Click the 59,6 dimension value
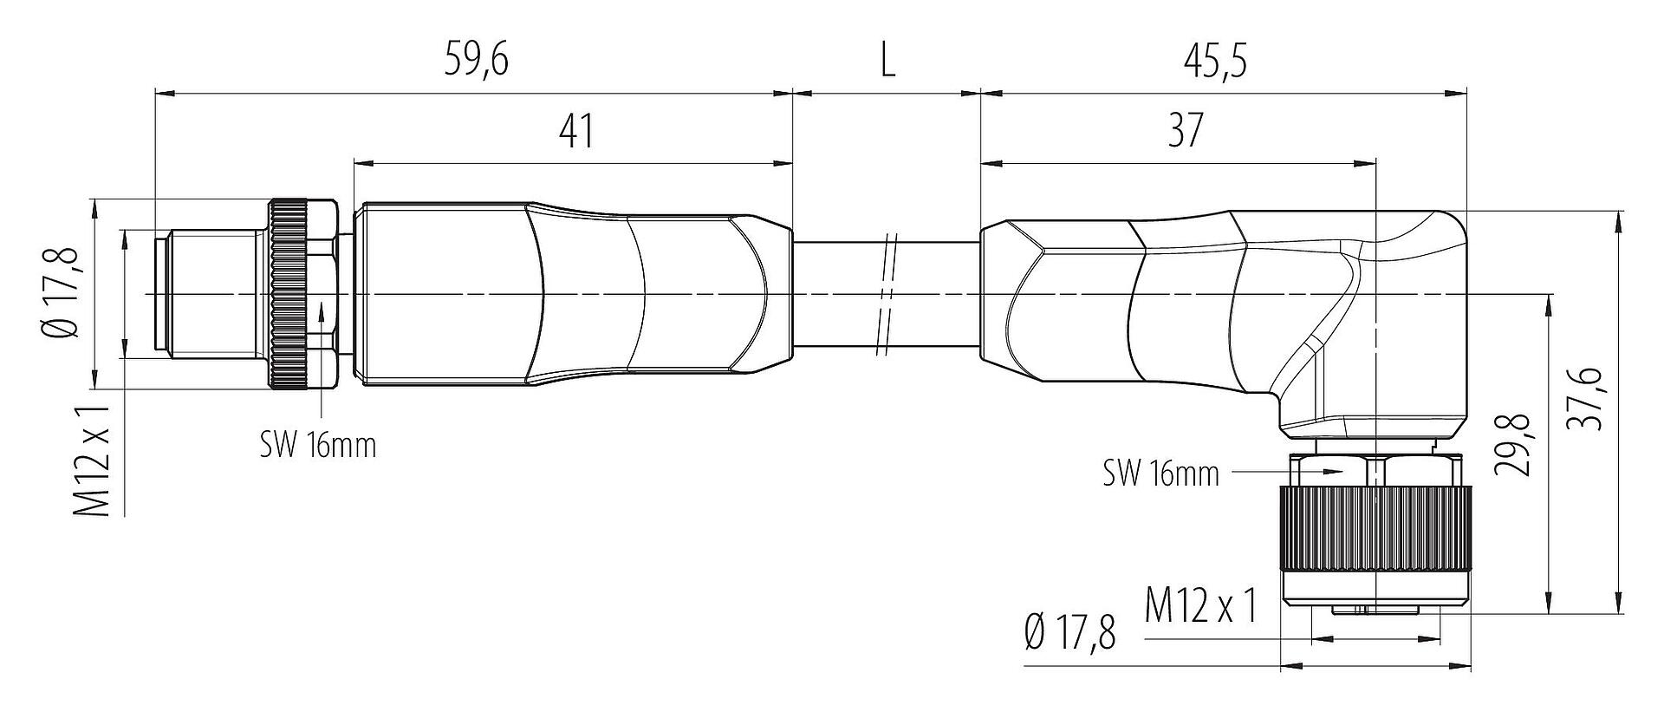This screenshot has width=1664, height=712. point(476,61)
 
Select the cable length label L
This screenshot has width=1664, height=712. point(887,61)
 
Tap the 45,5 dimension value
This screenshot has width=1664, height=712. point(1215,61)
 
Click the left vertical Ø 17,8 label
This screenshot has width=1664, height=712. point(65,291)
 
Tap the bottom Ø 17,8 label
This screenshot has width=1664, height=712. point(1069,634)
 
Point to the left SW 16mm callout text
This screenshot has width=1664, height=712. point(319,446)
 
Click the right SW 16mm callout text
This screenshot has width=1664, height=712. point(1161,474)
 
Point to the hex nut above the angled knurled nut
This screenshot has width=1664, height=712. point(1375,468)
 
